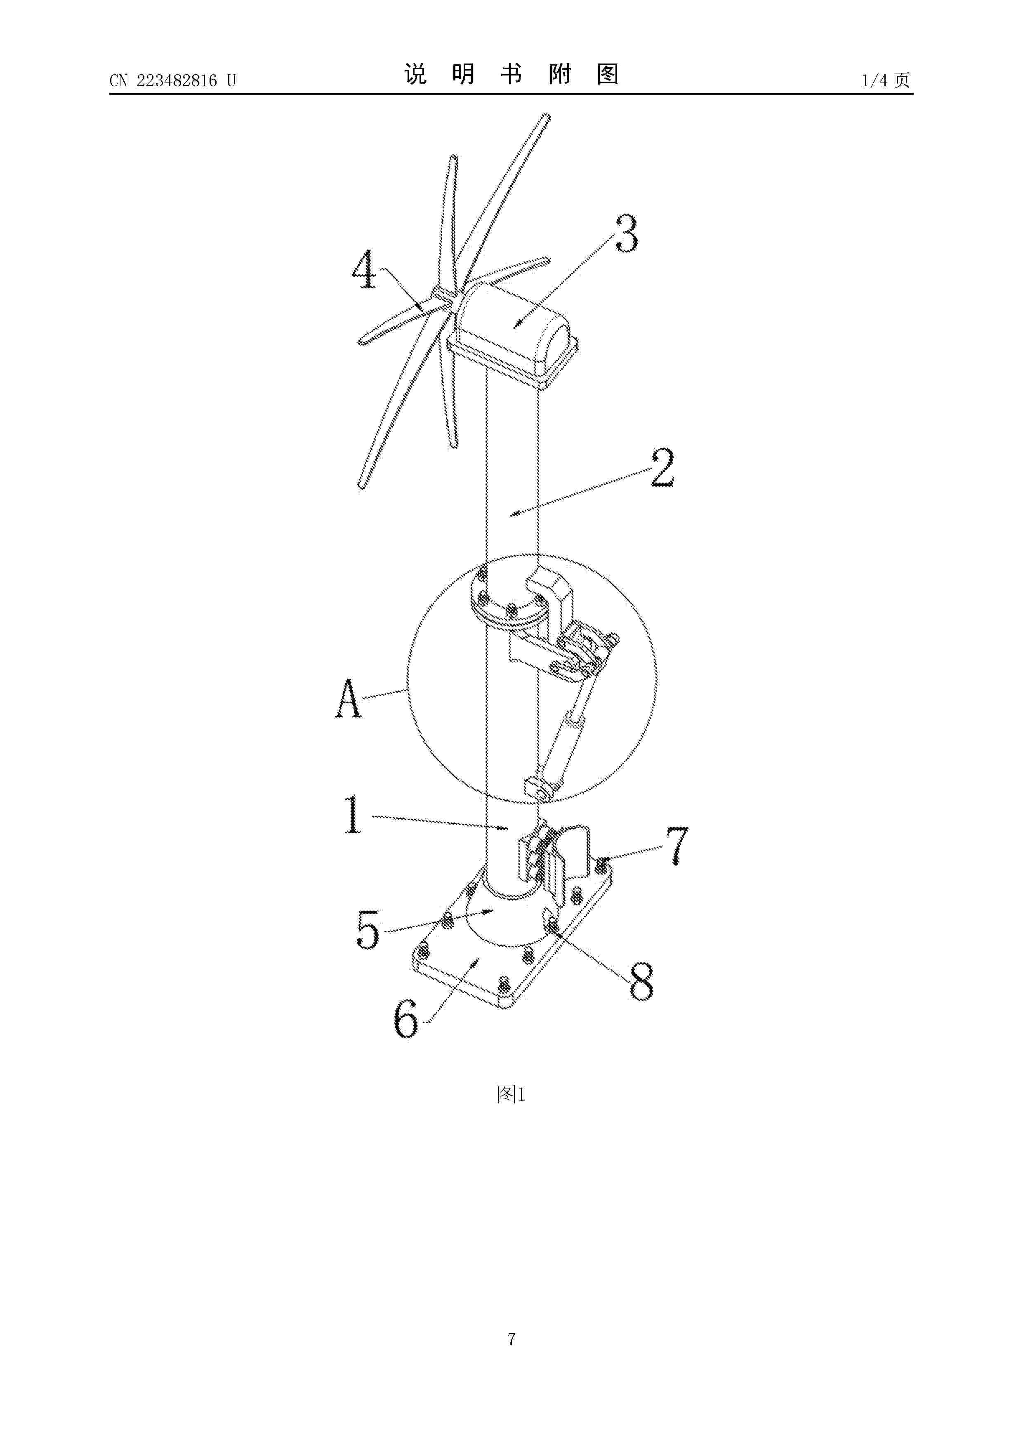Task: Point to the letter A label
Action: [349, 698]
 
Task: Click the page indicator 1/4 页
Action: [886, 80]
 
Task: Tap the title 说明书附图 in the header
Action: [511, 74]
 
